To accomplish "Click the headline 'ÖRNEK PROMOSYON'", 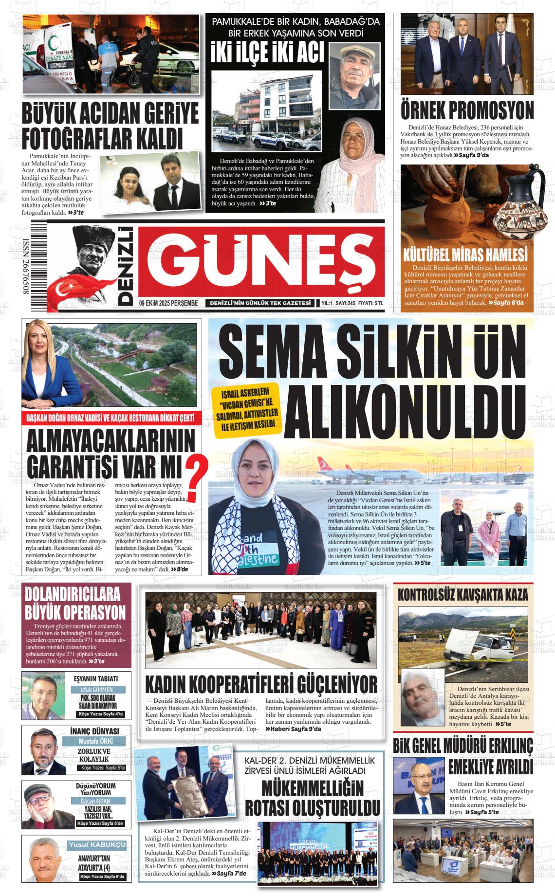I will click(467, 110).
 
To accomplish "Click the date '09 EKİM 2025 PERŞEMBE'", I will click(168, 303).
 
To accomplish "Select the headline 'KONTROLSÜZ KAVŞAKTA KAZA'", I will click(462, 595).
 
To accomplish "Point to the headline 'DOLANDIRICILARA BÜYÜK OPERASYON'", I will click(75, 603).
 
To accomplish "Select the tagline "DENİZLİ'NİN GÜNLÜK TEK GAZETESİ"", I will click(260, 303).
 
